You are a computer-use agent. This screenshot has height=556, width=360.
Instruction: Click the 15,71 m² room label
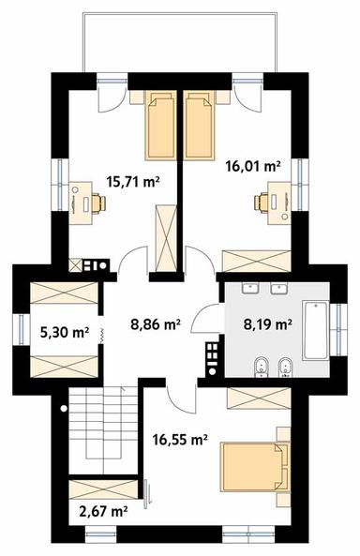tap(132, 183)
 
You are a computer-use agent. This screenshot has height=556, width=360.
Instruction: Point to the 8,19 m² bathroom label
tap(268, 326)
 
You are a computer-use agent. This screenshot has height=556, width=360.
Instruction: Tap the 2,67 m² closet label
tap(103, 512)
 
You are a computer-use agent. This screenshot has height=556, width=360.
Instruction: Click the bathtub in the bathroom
tap(315, 330)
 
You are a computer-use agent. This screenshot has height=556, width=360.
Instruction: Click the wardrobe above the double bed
tap(258, 398)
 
